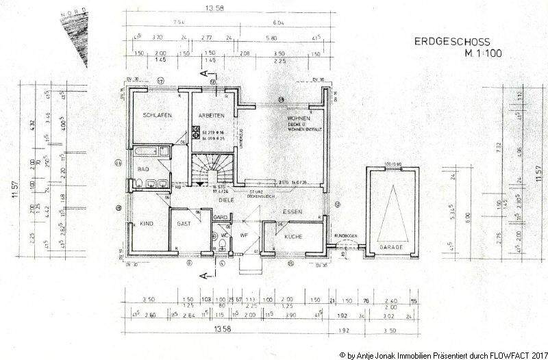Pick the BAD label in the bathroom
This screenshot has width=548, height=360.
tap(142, 168)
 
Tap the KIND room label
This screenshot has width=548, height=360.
tap(147, 224)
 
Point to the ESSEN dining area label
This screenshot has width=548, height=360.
tap(295, 212)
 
